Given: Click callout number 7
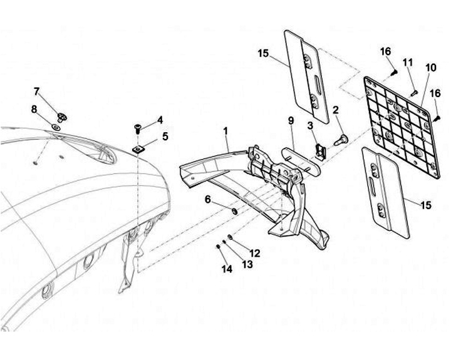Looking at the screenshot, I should pos(36,91).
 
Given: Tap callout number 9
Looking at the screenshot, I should pos(291,120).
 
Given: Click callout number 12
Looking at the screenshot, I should pos(255,253).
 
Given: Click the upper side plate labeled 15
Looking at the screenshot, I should pos(306,75).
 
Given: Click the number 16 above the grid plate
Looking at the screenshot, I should pos(385,51).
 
